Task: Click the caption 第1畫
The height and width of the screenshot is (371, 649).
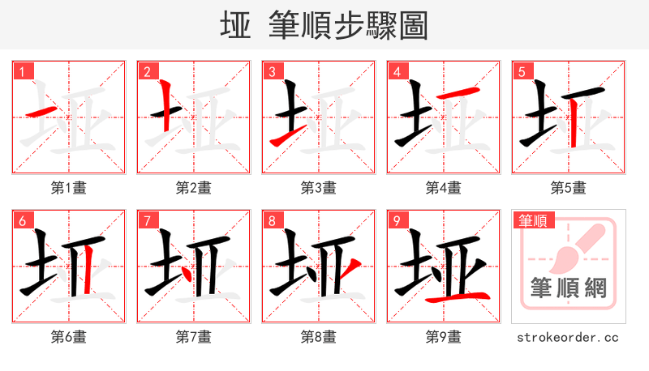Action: [69, 188]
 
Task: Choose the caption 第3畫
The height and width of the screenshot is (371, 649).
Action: [319, 188]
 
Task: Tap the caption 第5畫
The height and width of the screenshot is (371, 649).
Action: [569, 188]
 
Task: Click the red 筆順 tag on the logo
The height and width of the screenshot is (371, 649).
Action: [532, 220]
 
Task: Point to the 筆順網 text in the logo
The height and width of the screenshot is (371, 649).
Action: [568, 288]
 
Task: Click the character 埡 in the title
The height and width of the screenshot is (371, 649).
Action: [235, 26]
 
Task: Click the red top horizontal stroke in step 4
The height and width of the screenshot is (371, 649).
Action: [455, 96]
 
